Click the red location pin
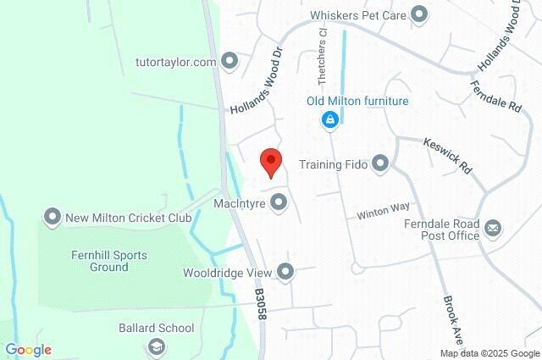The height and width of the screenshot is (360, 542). click(x=270, y=161)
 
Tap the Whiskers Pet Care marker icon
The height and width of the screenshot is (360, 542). click(x=418, y=14)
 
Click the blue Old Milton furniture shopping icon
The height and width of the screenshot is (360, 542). click(x=329, y=121)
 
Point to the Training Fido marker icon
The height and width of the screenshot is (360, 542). click(x=381, y=163)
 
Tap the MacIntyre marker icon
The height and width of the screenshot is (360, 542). click(x=278, y=202)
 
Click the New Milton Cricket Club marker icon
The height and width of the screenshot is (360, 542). click(x=53, y=218)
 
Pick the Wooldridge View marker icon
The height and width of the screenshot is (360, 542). click(x=285, y=272)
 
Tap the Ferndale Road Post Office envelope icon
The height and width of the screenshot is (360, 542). click(x=493, y=228)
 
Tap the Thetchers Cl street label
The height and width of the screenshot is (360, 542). click(x=322, y=56)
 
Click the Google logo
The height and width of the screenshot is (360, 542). click(x=28, y=350)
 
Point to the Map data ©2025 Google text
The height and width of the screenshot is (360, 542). click(x=489, y=353)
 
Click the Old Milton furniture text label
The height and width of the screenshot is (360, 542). click(x=357, y=102)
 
